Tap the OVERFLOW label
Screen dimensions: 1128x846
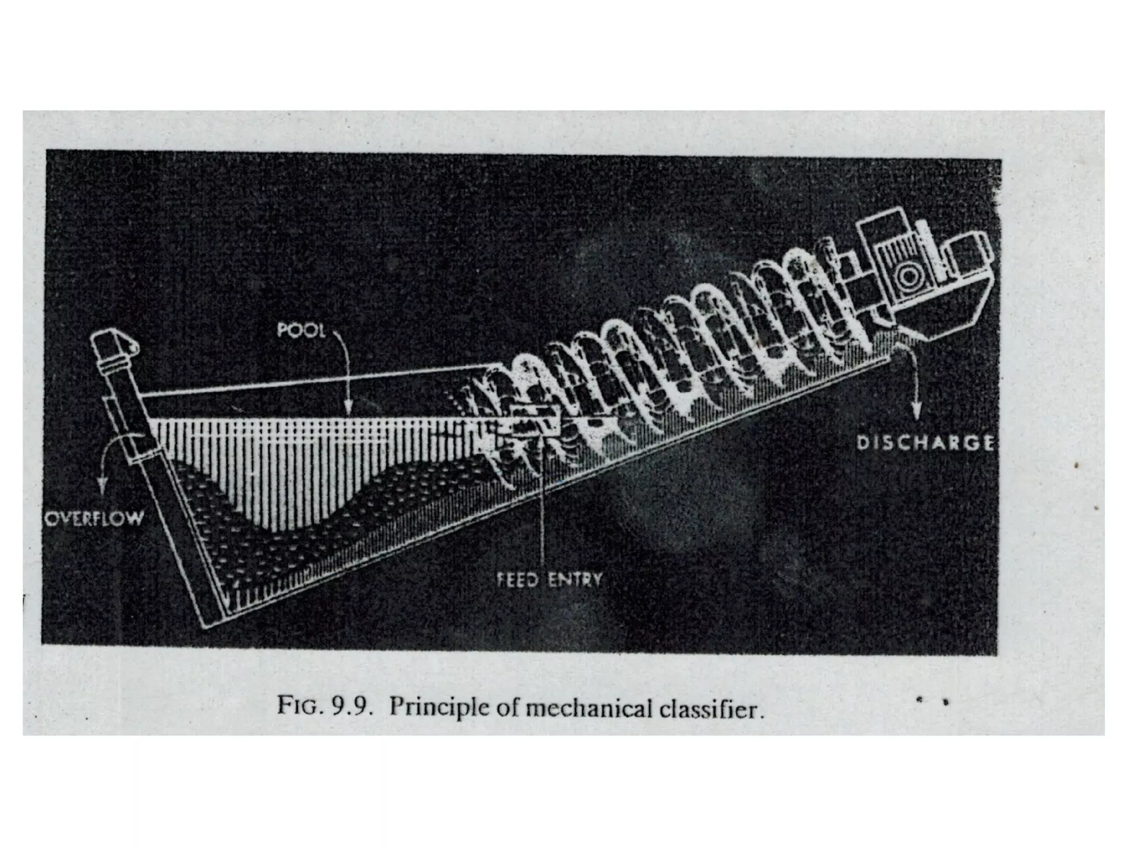[x=93, y=518]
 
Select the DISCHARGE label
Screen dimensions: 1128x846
[x=926, y=442]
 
